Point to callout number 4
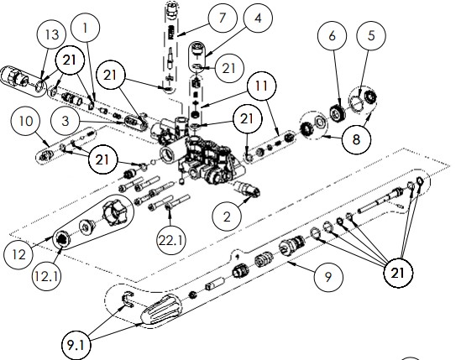[x=258, y=18]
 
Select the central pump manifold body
[x=202, y=155]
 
